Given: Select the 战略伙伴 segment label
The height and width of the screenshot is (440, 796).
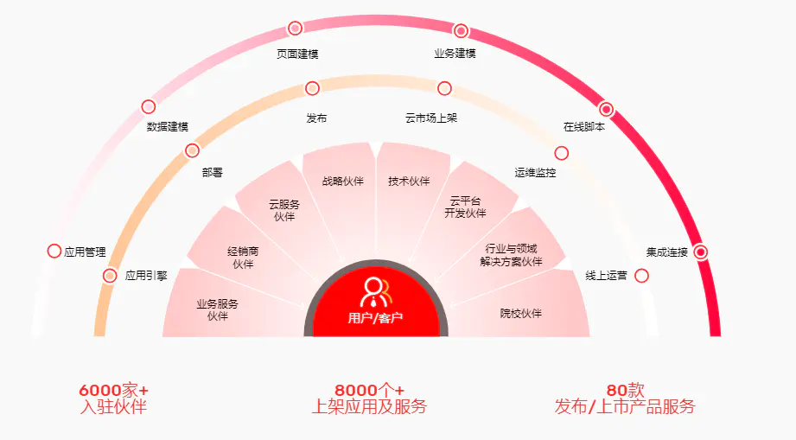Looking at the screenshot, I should [x=343, y=182].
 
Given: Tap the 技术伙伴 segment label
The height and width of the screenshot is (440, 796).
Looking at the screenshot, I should [x=409, y=182].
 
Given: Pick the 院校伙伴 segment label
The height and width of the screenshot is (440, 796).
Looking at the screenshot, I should [x=520, y=313].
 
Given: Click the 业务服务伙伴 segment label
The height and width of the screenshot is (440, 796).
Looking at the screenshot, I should [x=217, y=309].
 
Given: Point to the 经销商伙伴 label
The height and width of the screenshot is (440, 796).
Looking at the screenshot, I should [x=243, y=258].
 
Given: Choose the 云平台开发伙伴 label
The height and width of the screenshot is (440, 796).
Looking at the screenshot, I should [x=465, y=207].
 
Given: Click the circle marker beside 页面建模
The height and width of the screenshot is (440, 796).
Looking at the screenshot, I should [x=295, y=29].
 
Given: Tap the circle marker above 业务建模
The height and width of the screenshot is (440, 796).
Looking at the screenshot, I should [x=461, y=31].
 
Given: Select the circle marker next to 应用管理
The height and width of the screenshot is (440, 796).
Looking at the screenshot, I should [x=54, y=252].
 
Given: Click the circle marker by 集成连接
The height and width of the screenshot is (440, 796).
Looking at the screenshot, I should [x=701, y=252].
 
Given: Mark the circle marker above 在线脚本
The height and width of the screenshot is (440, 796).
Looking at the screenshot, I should [x=606, y=110].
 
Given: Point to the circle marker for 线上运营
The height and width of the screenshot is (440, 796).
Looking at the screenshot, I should [x=642, y=276].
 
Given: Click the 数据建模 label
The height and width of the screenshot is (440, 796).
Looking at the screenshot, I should [x=167, y=127].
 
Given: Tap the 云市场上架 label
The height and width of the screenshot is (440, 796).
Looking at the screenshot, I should [x=430, y=118].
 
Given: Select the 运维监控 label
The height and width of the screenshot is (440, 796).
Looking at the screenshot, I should [x=535, y=173].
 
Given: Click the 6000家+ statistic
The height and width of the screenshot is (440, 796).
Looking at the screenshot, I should [x=113, y=391].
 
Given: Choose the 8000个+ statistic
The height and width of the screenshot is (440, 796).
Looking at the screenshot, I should [x=369, y=391].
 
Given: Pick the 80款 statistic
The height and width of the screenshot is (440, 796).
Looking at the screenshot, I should [x=625, y=391].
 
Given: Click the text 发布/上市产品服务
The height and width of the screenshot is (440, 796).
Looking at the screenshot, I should [x=625, y=406].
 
